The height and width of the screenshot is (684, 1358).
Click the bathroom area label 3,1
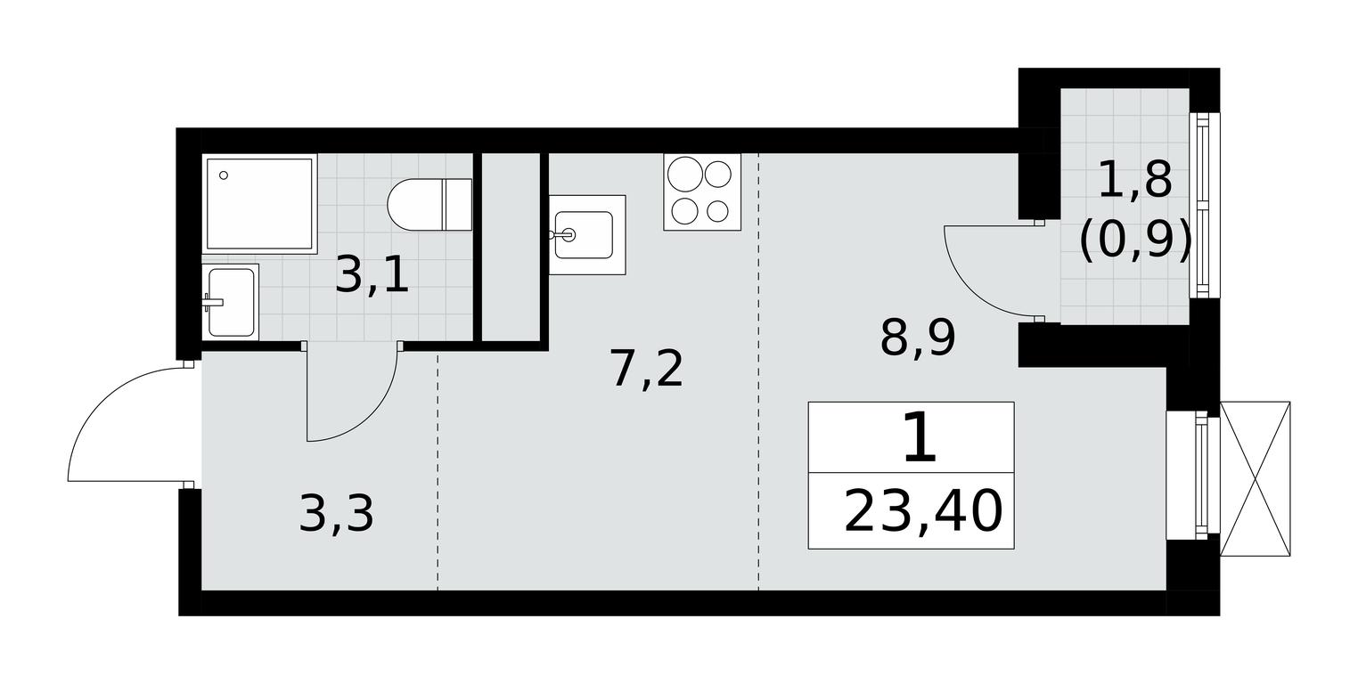(x=372, y=275)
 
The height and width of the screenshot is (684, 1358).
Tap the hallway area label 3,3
(x=337, y=514)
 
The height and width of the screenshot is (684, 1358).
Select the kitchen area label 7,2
(x=648, y=369)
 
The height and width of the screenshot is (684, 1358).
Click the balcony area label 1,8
(x=1134, y=181)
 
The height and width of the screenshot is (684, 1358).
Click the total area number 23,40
(x=923, y=512)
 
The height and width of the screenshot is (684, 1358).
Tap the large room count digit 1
(x=920, y=436)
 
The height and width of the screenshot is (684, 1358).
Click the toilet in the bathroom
(x=429, y=204)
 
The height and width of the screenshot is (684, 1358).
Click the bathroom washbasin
(x=231, y=301)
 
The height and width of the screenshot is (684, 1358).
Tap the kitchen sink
(x=587, y=234)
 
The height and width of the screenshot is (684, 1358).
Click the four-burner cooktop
(x=702, y=192)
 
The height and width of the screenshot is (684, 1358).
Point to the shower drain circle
(x=224, y=175)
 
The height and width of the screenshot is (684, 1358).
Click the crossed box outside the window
(x=1255, y=478)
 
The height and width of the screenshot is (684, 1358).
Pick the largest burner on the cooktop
(x=685, y=175)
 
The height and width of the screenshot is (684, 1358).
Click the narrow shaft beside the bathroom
(x=511, y=248)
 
